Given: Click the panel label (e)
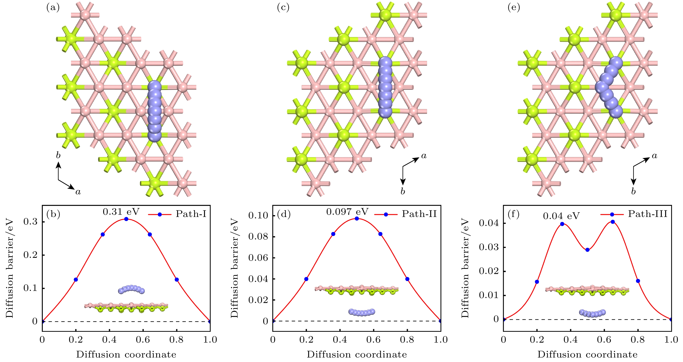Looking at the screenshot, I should pos(514,8).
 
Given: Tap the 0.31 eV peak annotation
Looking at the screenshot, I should pos(121,212).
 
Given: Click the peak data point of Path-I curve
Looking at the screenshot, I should pos(126,219).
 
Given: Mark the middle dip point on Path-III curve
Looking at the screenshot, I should pos(587,250).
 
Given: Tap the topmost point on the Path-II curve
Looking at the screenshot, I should pos(357,218).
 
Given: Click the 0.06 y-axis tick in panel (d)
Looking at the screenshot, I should pos(258,258).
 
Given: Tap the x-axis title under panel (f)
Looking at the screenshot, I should pos(587,355).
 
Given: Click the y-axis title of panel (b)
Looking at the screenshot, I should pos(10,268).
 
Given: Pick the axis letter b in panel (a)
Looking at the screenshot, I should pos(58,155).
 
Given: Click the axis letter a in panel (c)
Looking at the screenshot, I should pos(424,156).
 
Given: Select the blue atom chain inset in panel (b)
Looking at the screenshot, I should pos(131,289).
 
